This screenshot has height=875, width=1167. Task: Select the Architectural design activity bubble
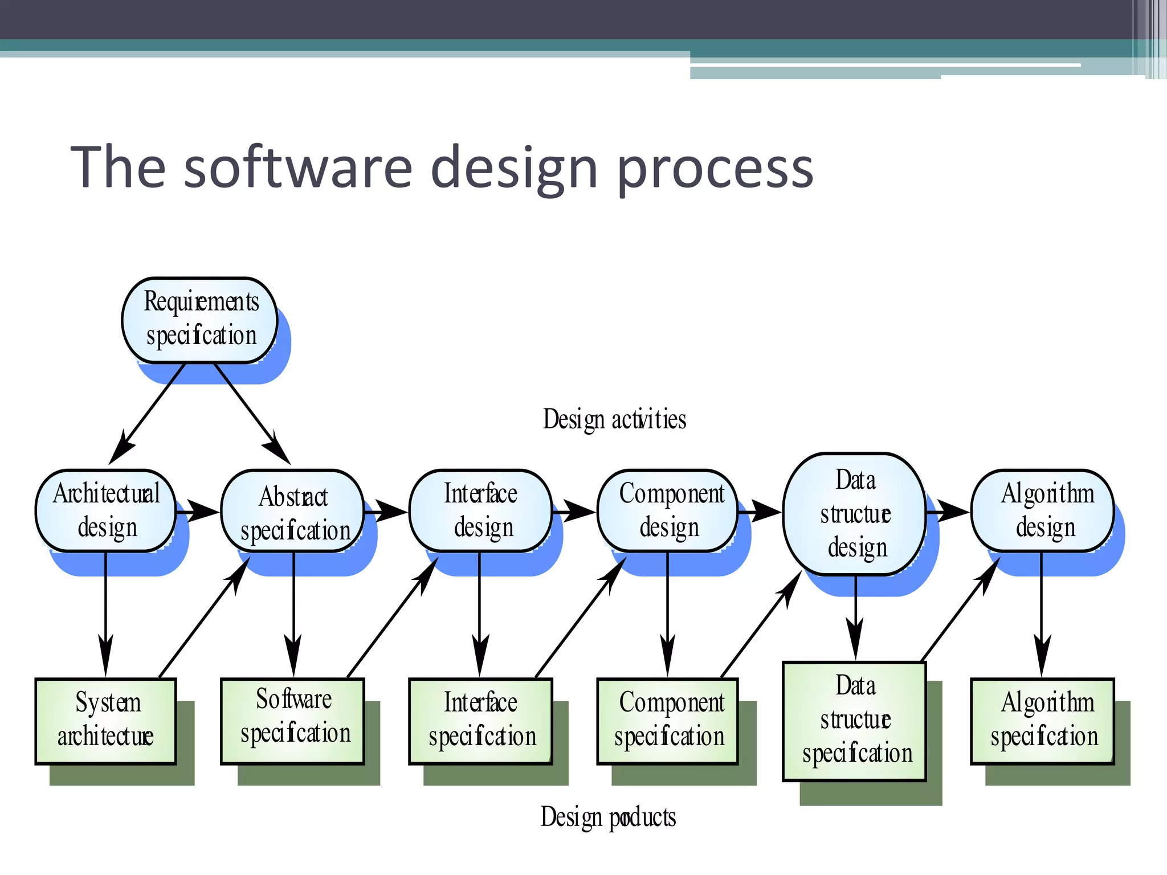106,510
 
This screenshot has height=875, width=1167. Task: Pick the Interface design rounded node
480,510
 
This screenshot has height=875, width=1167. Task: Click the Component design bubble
668,510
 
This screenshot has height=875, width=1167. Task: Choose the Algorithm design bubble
1043,510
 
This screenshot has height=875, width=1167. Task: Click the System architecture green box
106,721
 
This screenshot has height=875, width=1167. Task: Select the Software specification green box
293,721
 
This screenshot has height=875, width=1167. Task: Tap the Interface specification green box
480,721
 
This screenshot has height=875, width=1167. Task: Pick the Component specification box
668,721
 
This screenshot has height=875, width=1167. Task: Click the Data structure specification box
855,721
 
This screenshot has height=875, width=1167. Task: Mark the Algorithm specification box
1043,721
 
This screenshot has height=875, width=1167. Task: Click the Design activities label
614,420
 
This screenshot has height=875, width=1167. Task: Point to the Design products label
608,817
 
